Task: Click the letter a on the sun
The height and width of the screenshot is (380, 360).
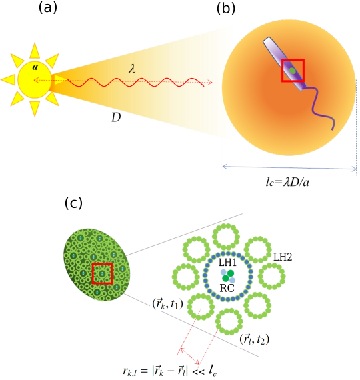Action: click(35, 67)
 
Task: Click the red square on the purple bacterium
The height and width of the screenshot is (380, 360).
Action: click(293, 70)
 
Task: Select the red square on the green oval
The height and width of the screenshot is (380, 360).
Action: click(102, 273)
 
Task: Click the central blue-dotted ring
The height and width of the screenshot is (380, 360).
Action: click(228, 276)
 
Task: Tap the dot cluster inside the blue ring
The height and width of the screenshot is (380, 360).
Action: click(228, 275)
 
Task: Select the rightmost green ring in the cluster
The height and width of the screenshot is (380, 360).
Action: click(271, 275)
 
